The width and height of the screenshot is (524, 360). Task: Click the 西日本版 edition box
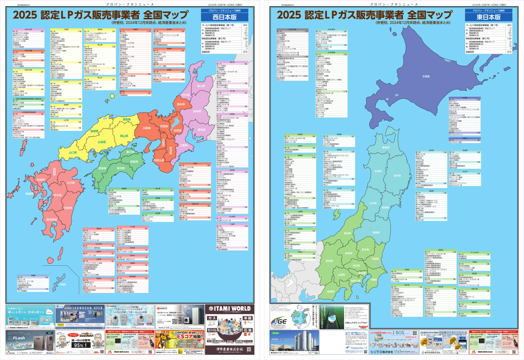click(x=224, y=18)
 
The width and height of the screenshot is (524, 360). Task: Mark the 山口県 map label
click(x=73, y=152)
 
